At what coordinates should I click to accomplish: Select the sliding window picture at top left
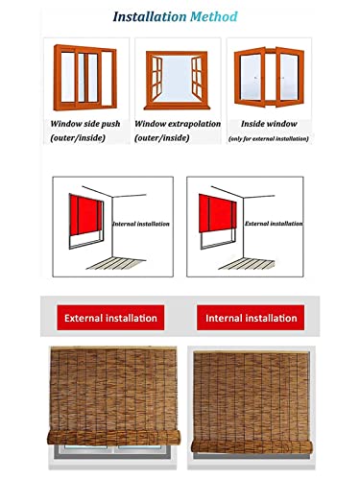87,78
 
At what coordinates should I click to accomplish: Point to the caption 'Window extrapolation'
179,125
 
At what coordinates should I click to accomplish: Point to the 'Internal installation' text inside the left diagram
139,224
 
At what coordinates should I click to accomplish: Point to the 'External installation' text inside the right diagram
266,223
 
